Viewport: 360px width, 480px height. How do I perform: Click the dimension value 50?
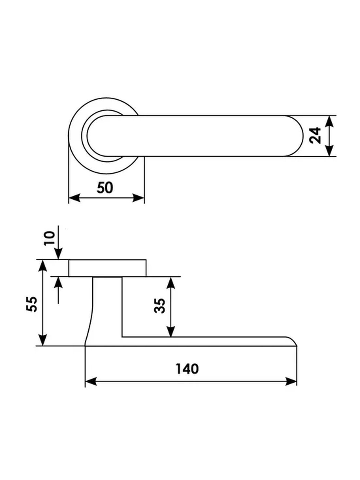(x=105, y=188)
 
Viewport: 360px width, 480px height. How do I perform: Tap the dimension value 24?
(x=315, y=135)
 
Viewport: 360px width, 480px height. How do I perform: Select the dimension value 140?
(x=187, y=369)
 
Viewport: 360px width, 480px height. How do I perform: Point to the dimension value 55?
(x=31, y=303)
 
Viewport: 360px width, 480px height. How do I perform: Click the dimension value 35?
(x=160, y=305)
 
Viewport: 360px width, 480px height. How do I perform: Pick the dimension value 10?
(x=50, y=238)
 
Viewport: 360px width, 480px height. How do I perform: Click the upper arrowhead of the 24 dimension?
(x=329, y=121)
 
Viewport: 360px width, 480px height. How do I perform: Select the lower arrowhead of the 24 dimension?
(x=329, y=151)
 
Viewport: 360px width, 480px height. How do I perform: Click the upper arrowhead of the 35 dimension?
(x=171, y=282)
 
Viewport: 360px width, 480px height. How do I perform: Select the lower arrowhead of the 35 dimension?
(x=171, y=332)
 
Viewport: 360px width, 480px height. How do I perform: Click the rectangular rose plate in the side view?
(x=108, y=268)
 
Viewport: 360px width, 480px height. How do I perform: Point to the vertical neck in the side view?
(x=107, y=305)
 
